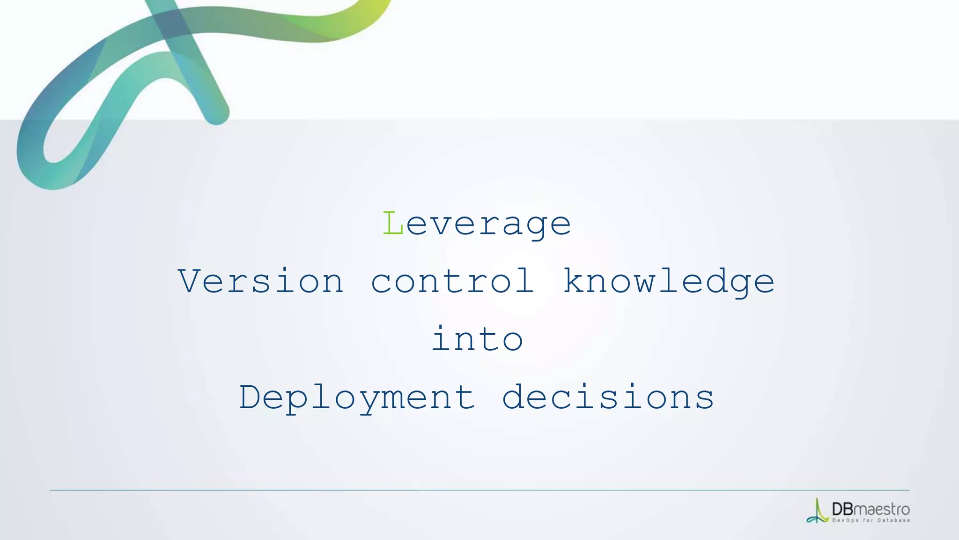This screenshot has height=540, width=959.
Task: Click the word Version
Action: point(261,281)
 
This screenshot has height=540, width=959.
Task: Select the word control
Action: point(452,281)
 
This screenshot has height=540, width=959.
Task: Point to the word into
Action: point(477,338)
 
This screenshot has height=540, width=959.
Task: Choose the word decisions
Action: point(608,397)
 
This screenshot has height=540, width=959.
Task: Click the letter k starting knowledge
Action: point(574,280)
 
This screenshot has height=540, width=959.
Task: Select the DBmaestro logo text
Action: point(870,509)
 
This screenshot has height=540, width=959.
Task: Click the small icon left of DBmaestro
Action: point(818,511)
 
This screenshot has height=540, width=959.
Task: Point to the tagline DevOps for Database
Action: point(871,520)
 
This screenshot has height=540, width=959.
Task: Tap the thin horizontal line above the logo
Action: point(479,490)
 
